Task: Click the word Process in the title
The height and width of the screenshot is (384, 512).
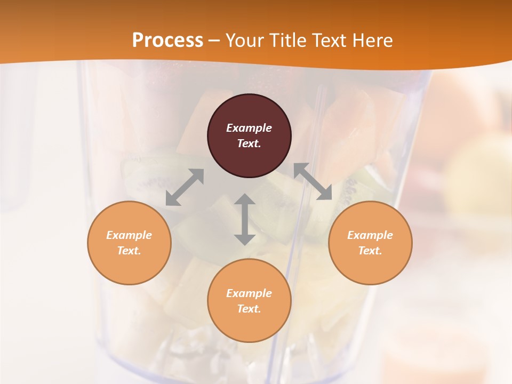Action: [x=167, y=41]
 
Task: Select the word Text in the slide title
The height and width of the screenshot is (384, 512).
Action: [x=330, y=41]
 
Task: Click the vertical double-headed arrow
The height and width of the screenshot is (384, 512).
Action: [x=245, y=219]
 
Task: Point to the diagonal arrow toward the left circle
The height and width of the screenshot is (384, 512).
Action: [x=185, y=187]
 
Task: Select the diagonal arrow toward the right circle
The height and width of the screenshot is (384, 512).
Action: [x=313, y=181]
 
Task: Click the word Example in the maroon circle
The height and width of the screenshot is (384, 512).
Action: [x=249, y=128]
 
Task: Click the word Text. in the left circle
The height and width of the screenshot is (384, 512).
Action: [x=129, y=251]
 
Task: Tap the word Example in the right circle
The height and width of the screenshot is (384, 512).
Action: [x=370, y=235]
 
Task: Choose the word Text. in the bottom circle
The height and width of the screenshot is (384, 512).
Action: [x=249, y=309]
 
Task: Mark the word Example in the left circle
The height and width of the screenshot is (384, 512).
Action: [x=129, y=235]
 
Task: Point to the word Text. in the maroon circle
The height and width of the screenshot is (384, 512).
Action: [x=249, y=143]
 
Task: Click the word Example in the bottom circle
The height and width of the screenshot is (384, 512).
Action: [x=249, y=293]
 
